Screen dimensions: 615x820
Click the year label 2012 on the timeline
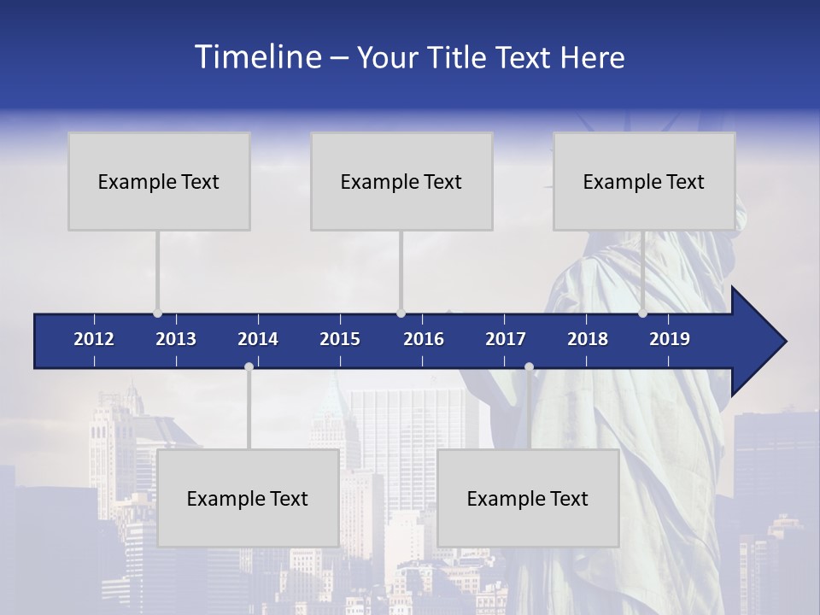94,339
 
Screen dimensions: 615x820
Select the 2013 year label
176,339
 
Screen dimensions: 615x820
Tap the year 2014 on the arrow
258,339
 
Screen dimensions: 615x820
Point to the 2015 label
340,339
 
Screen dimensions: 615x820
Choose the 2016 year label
424,339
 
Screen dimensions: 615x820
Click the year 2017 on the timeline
506,339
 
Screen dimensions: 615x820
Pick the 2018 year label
588,339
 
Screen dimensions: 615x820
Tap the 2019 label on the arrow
670,339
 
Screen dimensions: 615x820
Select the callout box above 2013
159,181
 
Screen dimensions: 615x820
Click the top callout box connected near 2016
401,181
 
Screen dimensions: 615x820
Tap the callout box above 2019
644,181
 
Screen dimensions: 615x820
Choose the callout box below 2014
248,498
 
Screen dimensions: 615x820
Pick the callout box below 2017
528,498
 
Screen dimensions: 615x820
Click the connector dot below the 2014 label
249,366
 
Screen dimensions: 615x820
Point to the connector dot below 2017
529,366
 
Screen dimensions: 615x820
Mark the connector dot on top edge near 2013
157,313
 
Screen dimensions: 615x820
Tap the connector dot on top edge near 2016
401,313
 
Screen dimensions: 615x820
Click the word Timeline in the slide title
257,57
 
